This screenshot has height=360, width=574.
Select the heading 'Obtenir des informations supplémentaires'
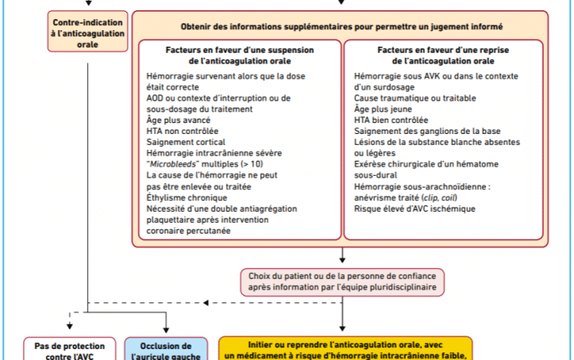click(341, 27)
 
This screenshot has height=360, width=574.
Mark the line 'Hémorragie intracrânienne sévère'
click(214, 154)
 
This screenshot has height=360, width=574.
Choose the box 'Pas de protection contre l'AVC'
click(70, 350)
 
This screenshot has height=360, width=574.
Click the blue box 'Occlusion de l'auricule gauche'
click(165, 350)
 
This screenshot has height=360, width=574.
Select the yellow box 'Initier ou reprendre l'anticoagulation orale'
click(346, 349)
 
